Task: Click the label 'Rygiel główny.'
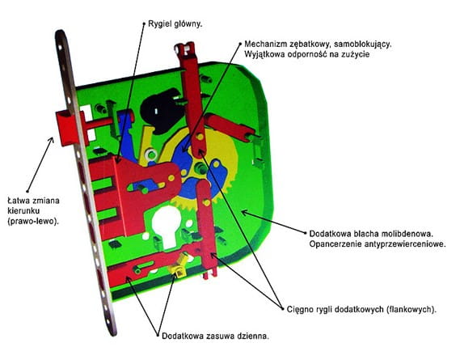pos(175,23)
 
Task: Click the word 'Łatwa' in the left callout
pos(18,201)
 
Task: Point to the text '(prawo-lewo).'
pos(33,221)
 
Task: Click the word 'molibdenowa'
pos(407,234)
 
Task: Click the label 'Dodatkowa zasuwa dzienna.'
pos(215,336)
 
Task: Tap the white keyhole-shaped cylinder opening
pos(165,226)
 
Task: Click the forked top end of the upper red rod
pos(185,49)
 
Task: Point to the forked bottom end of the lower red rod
pos(210,273)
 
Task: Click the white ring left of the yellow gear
pos(151,154)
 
